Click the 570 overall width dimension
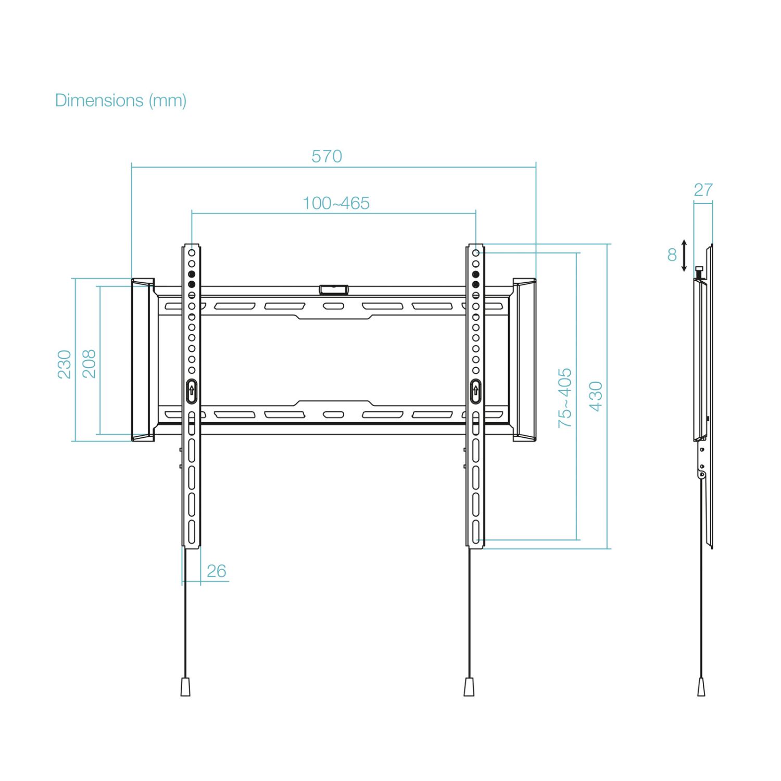(x=326, y=156)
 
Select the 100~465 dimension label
(x=336, y=203)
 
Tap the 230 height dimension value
(x=64, y=364)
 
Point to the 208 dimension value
(x=89, y=363)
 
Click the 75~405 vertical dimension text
(x=564, y=398)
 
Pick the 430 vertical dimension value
(x=596, y=396)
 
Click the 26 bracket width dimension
(x=216, y=571)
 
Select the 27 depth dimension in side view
(x=703, y=190)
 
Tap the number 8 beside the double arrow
(x=672, y=255)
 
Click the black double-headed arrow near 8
(x=684, y=255)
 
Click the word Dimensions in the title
(x=99, y=100)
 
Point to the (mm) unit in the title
(x=168, y=100)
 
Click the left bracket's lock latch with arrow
(x=191, y=391)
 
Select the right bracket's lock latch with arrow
(x=475, y=391)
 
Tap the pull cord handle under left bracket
(x=185, y=687)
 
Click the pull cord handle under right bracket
(x=469, y=687)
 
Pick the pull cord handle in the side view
(x=701, y=687)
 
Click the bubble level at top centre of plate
(x=334, y=289)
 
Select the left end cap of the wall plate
(x=142, y=360)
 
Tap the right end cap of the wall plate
(x=524, y=360)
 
